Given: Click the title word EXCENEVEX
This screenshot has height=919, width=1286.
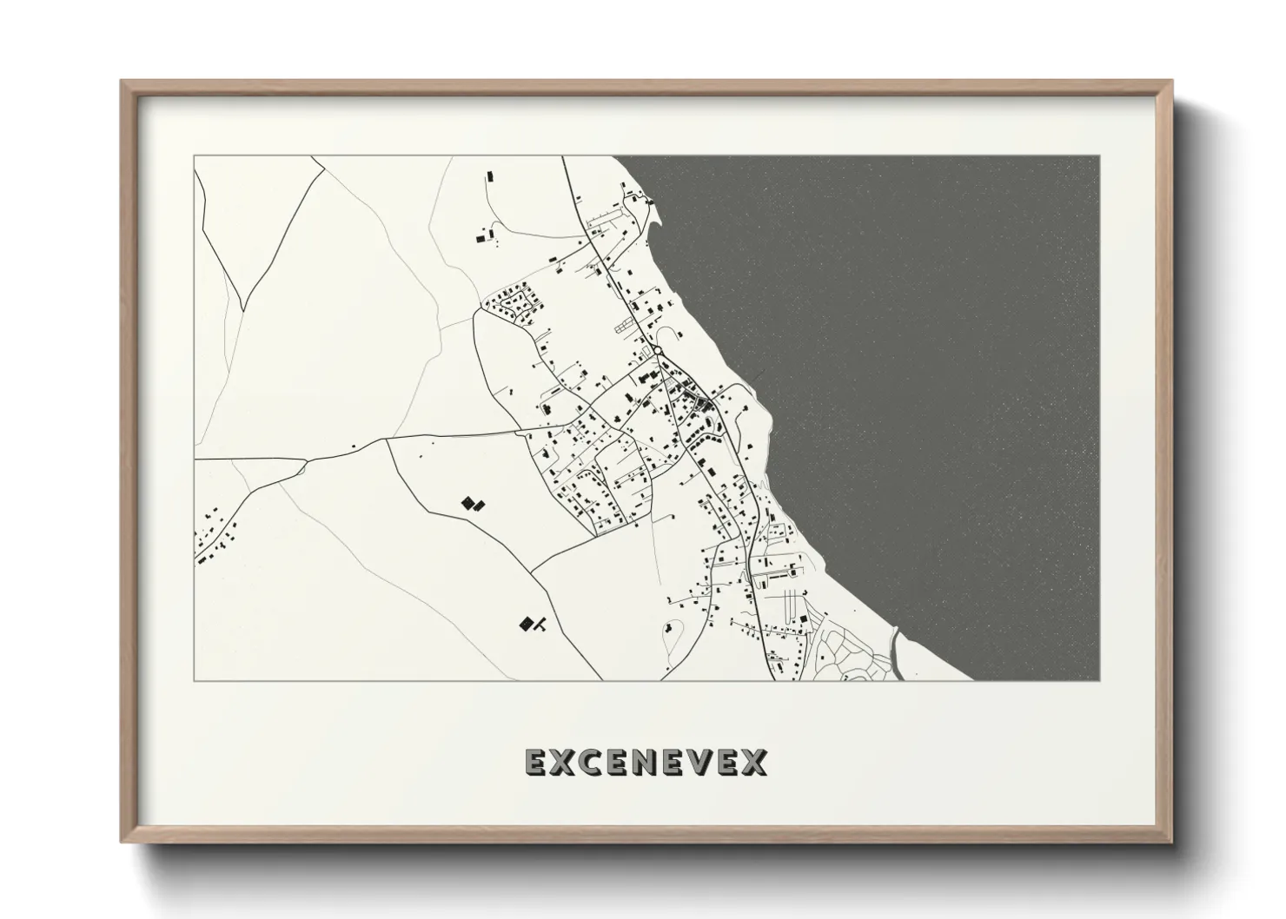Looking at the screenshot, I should (x=646, y=762).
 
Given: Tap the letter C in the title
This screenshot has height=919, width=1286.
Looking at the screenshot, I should (x=588, y=762).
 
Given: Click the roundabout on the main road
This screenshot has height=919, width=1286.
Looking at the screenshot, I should (x=658, y=350).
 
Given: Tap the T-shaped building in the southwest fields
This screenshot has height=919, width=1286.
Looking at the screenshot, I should (x=539, y=622).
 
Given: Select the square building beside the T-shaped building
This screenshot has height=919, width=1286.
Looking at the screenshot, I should (x=525, y=623).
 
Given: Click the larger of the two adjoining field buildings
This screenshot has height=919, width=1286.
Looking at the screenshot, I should (x=467, y=502).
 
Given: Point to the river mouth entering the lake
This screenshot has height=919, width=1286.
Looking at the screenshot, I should (x=895, y=647).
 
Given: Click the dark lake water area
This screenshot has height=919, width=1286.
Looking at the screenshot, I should (x=938, y=347).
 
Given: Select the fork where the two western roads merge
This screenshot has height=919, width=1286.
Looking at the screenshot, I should (x=304, y=465).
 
